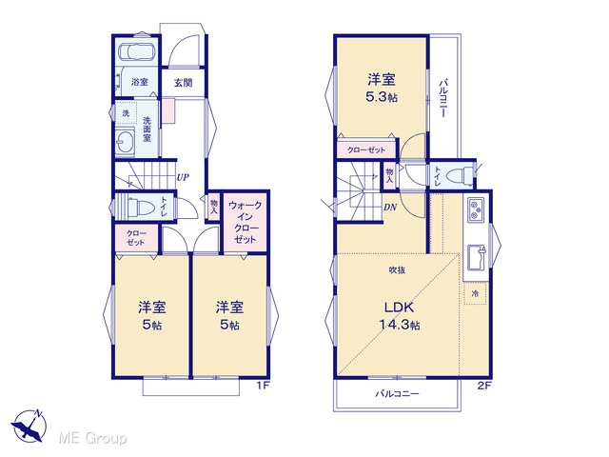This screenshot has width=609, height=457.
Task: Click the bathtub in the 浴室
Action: tap(137, 51)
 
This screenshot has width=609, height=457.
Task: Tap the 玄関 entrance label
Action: tap(183, 83)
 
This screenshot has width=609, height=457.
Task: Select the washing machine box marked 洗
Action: tap(126, 113)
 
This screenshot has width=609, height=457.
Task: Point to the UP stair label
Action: tap(183, 178)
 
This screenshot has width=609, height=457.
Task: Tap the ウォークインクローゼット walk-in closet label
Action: tap(246, 222)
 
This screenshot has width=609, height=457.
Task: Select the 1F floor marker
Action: tap(263, 386)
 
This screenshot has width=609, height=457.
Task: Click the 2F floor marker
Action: tap(484, 386)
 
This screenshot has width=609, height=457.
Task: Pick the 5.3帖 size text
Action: tap(382, 97)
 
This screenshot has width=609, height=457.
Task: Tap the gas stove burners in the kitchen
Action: tap(476, 209)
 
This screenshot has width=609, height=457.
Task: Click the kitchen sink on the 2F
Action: tap(477, 256)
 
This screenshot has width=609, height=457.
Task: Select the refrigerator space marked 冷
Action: tap(475, 293)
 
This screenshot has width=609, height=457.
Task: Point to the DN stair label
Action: tap(390, 208)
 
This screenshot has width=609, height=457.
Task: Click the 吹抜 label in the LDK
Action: tap(397, 269)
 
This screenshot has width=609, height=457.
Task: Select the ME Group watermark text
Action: tap(92, 439)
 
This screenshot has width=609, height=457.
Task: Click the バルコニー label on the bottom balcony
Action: tap(397, 394)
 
